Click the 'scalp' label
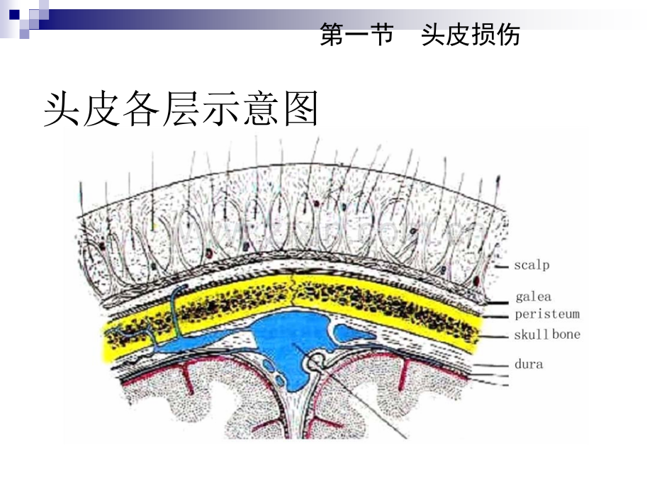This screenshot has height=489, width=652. (532, 265)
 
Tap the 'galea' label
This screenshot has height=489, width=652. (533, 296)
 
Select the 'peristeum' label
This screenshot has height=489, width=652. (547, 314)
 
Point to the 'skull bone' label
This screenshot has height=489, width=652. (547, 335)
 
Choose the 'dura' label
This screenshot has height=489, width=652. (529, 364)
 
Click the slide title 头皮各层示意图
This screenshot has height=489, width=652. (181, 108)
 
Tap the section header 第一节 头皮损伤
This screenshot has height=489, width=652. (420, 35)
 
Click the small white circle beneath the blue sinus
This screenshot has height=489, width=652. (317, 361)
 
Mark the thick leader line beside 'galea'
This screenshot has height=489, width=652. (498, 303)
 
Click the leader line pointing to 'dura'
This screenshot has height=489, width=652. (491, 366)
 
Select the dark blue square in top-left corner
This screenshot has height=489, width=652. (15, 15)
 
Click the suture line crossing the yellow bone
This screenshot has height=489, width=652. (294, 291)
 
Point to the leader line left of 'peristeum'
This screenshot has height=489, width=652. (496, 317)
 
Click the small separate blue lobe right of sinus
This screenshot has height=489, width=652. (354, 333)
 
